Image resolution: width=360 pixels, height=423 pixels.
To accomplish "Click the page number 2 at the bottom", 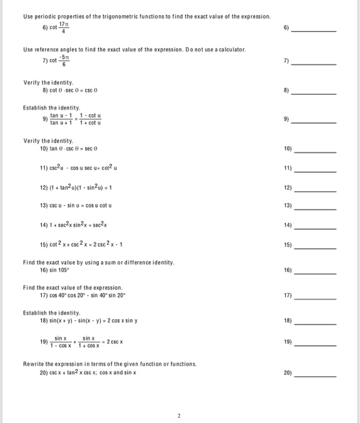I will pos(179,416).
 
